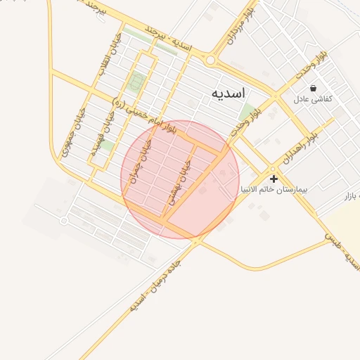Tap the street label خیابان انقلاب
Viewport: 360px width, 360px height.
click(x=110, y=53)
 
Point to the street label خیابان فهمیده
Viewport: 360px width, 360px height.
click(x=98, y=138)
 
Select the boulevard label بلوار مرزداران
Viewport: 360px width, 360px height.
click(x=236, y=25)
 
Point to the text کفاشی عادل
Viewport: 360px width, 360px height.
click(x=312, y=100)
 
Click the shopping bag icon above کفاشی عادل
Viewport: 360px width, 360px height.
click(x=312, y=89)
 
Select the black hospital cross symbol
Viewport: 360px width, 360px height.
click(x=274, y=179)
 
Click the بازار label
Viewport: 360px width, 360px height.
click(x=351, y=194)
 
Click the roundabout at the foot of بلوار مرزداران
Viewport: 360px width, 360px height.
click(x=210, y=60)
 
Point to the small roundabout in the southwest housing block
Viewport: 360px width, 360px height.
click(x=64, y=221)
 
